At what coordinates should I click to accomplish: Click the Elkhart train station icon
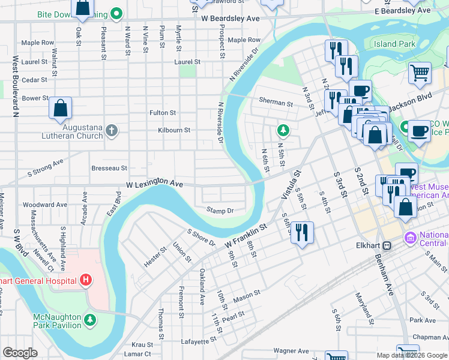point(388,245)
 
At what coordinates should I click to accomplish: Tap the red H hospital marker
point(86,280)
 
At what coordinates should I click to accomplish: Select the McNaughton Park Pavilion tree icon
point(90,319)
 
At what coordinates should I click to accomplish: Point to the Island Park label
point(394,44)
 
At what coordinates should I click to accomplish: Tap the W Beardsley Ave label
point(231,19)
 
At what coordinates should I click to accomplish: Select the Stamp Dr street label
point(220,210)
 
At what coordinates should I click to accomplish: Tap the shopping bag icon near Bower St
point(61,109)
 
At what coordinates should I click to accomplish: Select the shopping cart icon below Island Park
point(420,73)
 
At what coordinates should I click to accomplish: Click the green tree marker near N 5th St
point(283,130)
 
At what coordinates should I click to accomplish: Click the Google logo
point(20,353)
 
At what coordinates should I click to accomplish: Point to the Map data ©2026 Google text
point(411,355)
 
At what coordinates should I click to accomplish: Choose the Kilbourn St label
point(174,130)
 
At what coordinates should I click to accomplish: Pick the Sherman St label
point(276,103)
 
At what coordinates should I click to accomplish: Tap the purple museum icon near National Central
point(411,238)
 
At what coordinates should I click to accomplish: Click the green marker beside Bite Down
point(118,13)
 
